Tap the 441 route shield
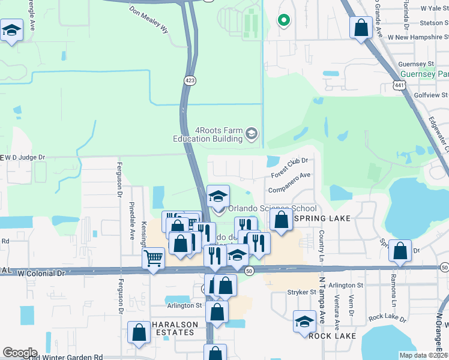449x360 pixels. [400, 86]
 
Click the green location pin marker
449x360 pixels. [284, 20]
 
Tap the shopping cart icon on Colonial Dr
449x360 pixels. [154, 259]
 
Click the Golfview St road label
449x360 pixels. [429, 95]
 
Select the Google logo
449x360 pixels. [19, 353]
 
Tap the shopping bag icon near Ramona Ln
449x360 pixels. [400, 251]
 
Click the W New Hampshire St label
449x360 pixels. [417, 37]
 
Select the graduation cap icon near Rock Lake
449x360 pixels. [305, 321]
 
